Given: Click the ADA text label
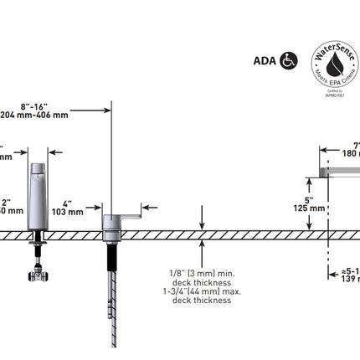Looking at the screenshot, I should point(264,60).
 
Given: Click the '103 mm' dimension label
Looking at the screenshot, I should point(69,213).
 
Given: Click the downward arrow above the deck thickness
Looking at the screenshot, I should point(202,224).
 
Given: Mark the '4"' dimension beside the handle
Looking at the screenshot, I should point(67,203).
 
